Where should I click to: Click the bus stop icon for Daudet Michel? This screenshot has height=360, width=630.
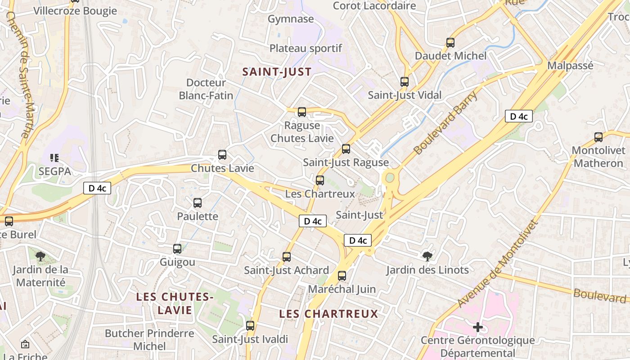pos(450,43)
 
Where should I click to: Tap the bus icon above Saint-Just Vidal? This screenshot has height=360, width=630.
pos(405,82)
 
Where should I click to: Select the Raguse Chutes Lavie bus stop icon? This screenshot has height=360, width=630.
pos(302,112)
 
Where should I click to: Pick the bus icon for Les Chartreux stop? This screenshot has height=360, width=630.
pos(320,180)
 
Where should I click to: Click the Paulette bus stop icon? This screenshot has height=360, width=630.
pos(198,203)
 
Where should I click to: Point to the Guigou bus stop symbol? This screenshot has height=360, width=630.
pos(177,249)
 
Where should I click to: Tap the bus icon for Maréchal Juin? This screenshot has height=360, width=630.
pos(342,276)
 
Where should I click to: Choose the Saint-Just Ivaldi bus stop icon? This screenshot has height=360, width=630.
pos(250,326)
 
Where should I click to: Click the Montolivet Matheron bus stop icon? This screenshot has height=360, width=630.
pos(598,137)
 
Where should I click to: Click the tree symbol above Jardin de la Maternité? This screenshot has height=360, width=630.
pos(40,256)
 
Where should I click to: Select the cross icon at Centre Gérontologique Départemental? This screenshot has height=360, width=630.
pos(478,327)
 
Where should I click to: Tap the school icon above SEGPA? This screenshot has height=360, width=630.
pos(54,158)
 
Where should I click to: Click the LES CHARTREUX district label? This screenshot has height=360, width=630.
pos(328,314)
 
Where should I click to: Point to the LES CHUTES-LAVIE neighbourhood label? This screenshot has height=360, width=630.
pos(175,303)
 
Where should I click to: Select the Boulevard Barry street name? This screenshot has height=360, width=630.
pos(445,122)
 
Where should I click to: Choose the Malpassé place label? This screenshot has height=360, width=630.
pos(570,66)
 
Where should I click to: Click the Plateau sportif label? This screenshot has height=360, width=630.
pos(306,48)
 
